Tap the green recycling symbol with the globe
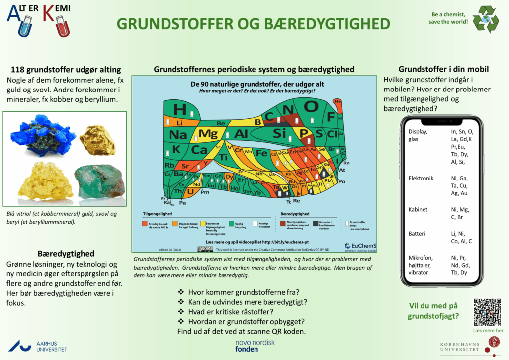[485, 20]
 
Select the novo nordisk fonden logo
[254, 346]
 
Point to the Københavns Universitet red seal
[494, 342]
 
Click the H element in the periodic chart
[180, 110]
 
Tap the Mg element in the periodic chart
[208, 134]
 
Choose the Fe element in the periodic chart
[261, 153]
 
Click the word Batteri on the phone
[417, 233]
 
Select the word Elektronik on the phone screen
[421, 178]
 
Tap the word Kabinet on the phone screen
[418, 210]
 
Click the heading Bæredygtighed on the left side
[66, 253]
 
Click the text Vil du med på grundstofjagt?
[433, 311]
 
